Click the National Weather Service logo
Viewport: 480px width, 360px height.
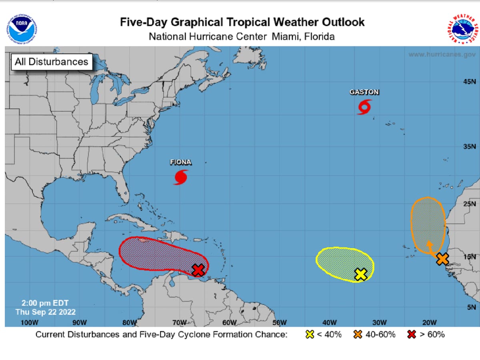(462, 29)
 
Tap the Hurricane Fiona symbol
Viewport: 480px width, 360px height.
(181, 177)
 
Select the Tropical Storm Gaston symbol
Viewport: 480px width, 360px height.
(364, 107)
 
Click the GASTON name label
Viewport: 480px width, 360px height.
(364, 92)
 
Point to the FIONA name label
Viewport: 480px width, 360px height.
(181, 162)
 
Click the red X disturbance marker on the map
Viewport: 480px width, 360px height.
(198, 270)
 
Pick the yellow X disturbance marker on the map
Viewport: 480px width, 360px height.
(361, 274)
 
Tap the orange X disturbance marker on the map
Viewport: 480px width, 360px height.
(442, 259)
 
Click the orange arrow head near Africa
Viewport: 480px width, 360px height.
(429, 243)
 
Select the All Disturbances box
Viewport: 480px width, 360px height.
(51, 62)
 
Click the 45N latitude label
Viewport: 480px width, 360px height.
(470, 82)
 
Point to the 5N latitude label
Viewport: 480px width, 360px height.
(471, 307)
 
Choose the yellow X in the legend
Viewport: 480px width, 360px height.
(310, 334)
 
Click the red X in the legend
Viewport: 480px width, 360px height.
(411, 334)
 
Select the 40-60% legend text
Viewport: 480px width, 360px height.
(380, 334)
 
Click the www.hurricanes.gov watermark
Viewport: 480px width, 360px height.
(442, 54)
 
